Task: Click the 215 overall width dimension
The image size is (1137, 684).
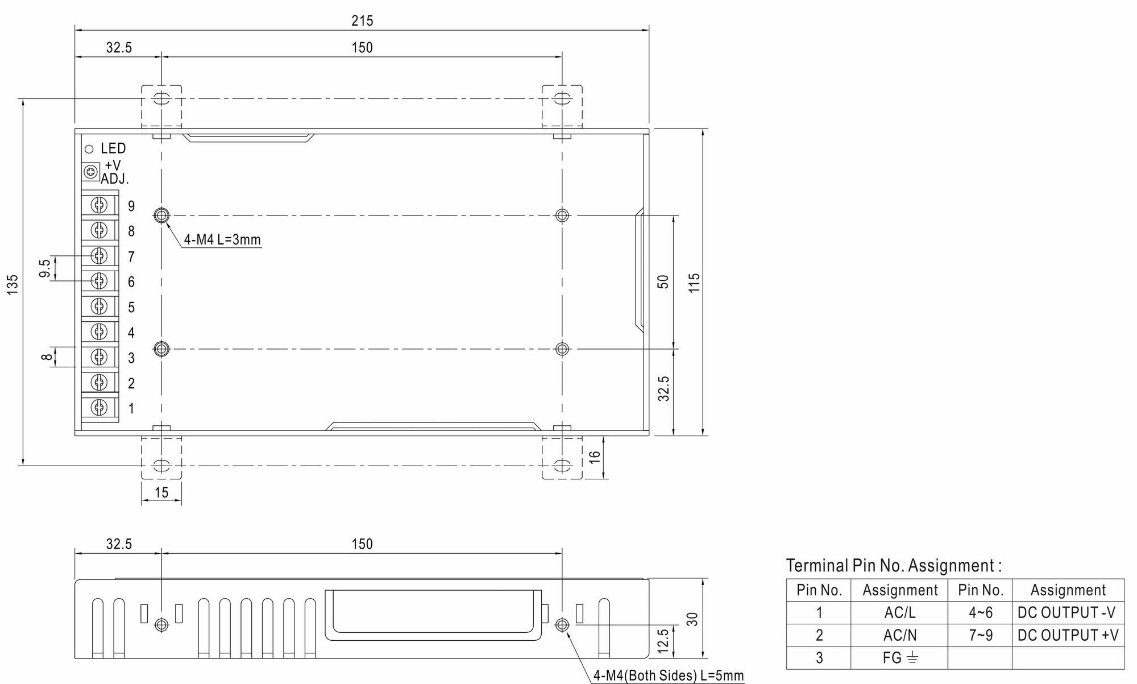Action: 362,21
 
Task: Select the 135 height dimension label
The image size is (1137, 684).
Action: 13,284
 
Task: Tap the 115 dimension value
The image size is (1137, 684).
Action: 694,283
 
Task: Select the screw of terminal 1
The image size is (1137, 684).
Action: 99,407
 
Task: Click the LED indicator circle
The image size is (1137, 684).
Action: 89,149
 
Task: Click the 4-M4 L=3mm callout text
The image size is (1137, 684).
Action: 222,240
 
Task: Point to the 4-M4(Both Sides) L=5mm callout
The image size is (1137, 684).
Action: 669,675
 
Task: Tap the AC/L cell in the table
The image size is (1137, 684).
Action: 899,613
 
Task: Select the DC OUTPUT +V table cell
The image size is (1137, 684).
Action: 1068,635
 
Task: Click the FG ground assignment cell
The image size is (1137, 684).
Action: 899,658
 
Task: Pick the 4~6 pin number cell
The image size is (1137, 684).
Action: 980,613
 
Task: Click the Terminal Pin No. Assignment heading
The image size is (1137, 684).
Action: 894,566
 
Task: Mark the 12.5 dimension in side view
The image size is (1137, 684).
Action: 663,641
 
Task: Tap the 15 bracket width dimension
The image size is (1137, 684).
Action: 161,492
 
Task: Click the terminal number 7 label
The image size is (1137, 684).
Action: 131,257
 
